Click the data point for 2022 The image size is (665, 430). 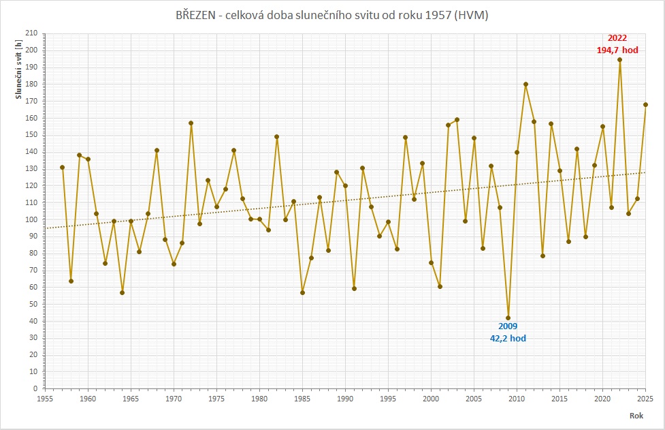point(619,60)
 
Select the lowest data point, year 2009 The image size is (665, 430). point(508,318)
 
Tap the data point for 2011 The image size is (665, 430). point(525,85)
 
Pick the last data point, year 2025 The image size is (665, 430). point(645,105)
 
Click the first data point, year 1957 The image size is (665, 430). point(63,167)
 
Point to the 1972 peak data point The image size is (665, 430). point(191,123)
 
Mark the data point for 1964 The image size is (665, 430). point(122,292)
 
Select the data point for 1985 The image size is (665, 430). point(302,292)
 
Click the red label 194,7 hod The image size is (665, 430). point(617,50)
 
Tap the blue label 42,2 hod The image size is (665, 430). point(508,338)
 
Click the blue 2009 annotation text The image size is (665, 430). point(508,326)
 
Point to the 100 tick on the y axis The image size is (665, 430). point(32,219)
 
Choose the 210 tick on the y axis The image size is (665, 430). point(32,33)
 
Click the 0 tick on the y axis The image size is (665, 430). point(35,388)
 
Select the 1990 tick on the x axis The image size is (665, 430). point(345,399)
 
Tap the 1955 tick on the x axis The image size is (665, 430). point(45,399)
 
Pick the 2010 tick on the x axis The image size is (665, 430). point(517,399)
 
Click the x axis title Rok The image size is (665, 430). point(636,416)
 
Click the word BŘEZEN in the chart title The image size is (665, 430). point(195,15)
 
